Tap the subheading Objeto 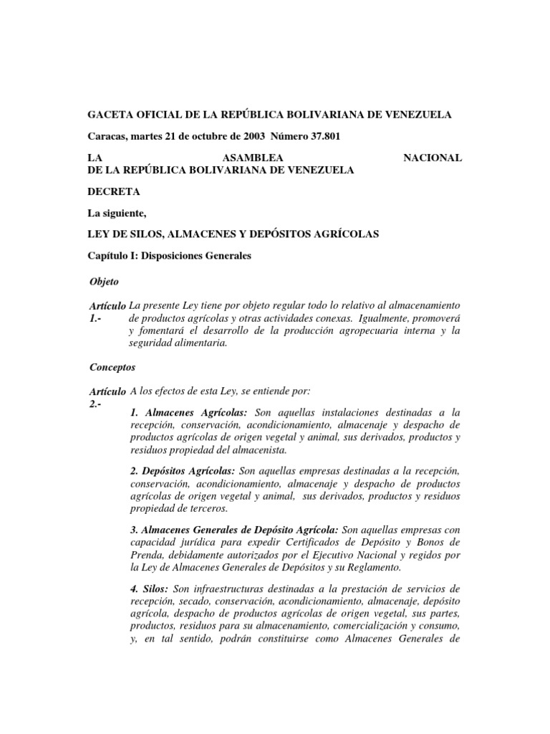[x=105, y=282]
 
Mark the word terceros [x=204, y=509]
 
